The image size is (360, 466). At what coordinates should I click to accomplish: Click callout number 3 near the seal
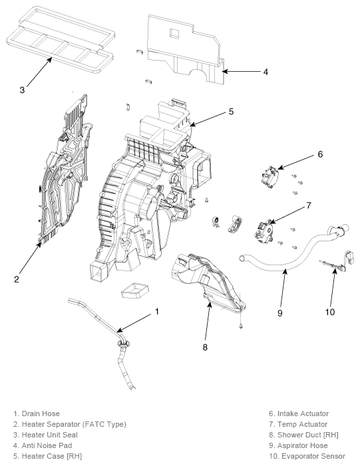[22, 90]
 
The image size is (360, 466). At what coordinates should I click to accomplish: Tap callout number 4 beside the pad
[266, 72]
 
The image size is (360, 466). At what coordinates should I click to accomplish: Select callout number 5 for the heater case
[231, 112]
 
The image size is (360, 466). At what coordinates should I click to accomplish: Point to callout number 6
[320, 154]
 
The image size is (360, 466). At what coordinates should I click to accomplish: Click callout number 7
[309, 205]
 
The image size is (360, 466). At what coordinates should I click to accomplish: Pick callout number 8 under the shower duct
[205, 347]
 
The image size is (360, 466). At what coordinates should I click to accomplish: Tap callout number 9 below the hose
[279, 313]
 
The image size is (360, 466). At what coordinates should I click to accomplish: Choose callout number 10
[330, 312]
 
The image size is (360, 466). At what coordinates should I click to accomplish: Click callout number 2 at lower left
[17, 279]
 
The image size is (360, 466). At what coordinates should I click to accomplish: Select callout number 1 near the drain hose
[157, 312]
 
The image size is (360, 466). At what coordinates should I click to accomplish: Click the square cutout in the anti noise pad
[174, 33]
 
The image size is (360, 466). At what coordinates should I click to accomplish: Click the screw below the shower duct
[241, 326]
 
